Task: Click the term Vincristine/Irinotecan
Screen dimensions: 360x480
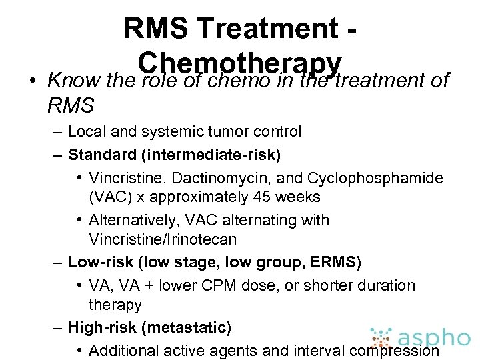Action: click(163, 239)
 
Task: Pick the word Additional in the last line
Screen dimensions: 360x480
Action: click(120, 350)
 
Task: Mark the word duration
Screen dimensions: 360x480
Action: click(387, 285)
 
